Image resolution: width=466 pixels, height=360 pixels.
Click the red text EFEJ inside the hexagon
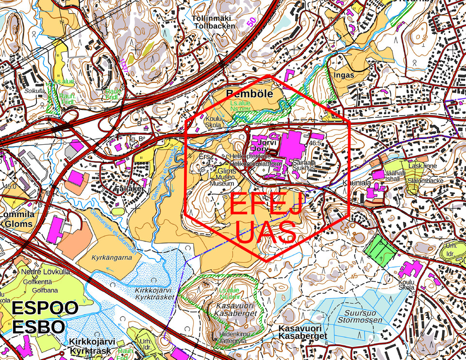coord(266,205)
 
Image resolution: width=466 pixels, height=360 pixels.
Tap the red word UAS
coord(266,233)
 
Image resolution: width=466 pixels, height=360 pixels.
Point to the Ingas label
coord(344,75)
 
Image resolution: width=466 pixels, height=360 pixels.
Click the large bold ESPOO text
coord(45,308)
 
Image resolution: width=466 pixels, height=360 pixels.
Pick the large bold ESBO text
coord(38,326)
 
